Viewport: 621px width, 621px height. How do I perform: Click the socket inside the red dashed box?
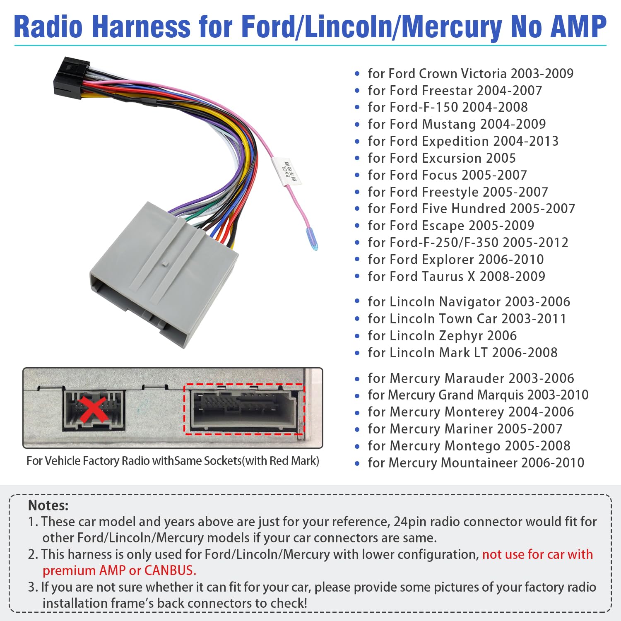coord(244,409)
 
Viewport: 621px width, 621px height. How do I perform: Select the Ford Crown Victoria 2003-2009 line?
coord(470,74)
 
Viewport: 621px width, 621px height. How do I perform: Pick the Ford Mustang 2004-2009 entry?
coord(457,124)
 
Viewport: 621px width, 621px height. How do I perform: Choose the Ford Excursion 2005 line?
coord(442,158)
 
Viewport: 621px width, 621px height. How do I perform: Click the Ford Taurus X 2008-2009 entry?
coord(456,276)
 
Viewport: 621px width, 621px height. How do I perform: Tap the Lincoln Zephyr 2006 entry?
coord(442,336)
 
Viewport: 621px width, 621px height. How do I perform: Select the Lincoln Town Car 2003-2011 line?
coord(467,319)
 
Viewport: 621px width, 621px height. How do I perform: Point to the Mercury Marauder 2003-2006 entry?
coord(471,378)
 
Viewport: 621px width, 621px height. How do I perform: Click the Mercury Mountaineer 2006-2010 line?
coord(476,463)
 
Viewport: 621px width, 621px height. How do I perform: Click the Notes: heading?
coord(48,505)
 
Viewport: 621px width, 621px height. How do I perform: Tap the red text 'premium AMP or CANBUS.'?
coord(119,570)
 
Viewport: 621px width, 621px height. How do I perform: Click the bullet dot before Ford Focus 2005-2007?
coord(357,175)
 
